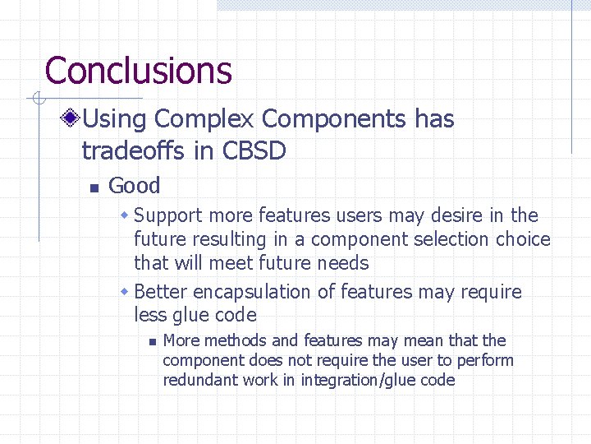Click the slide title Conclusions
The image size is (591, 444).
click(x=138, y=71)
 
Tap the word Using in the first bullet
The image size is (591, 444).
click(x=116, y=119)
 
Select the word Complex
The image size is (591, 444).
click(x=204, y=119)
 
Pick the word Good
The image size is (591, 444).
click(x=134, y=186)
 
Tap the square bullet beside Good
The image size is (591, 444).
click(x=94, y=188)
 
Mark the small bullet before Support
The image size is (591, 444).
click(x=125, y=216)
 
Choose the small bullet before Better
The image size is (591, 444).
click(x=125, y=293)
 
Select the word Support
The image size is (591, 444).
click(x=167, y=216)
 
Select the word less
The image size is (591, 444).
click(x=150, y=315)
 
